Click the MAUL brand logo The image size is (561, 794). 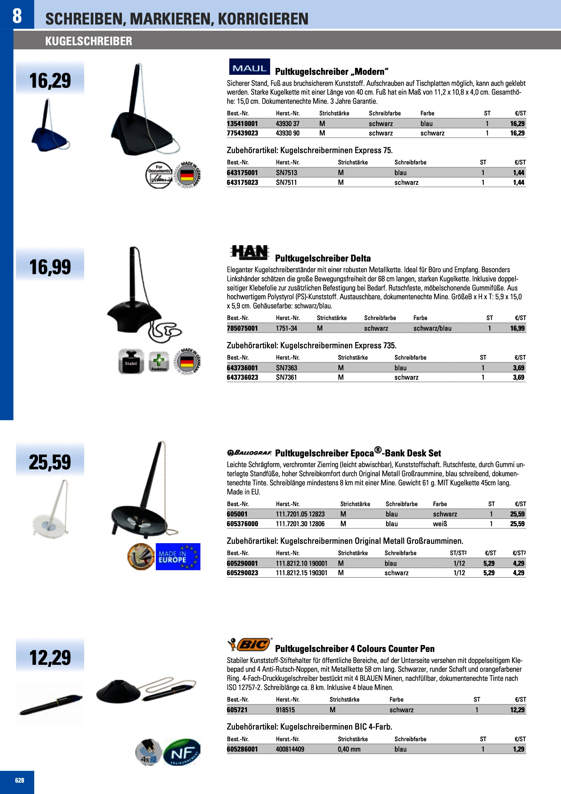[249, 67]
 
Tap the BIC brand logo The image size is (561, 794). [250, 644]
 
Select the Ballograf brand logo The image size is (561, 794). [249, 452]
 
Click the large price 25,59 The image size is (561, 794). [50, 462]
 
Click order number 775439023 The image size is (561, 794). [242, 133]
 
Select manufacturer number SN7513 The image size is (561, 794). [286, 173]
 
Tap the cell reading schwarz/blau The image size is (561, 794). [432, 328]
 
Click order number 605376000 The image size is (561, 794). [242, 524]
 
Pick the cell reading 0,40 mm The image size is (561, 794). [349, 749]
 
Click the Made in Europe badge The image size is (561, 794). [178, 556]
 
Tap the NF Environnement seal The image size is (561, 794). [182, 752]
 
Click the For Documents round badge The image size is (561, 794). [159, 175]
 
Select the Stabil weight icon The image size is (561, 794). [131, 361]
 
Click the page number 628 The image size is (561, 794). [20, 780]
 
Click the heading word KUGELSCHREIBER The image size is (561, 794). [89, 41]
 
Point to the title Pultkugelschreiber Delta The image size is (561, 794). [323, 258]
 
